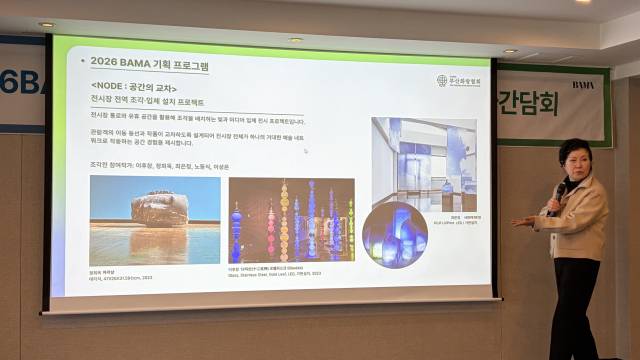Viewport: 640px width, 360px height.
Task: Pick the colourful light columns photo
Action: click(291, 220)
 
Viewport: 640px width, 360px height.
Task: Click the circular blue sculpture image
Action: click(394, 234)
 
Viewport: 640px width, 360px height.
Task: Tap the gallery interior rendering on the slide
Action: click(424, 162)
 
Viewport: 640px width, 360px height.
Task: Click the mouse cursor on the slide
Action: click(305, 151)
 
